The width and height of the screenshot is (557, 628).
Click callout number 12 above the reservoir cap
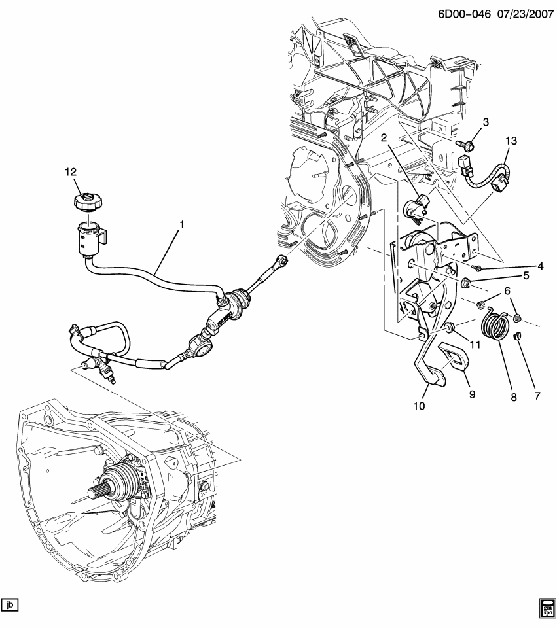70,172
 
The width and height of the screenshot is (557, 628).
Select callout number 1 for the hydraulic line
183,224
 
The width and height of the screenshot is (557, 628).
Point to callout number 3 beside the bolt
486,122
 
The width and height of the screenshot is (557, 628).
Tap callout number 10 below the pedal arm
419,406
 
